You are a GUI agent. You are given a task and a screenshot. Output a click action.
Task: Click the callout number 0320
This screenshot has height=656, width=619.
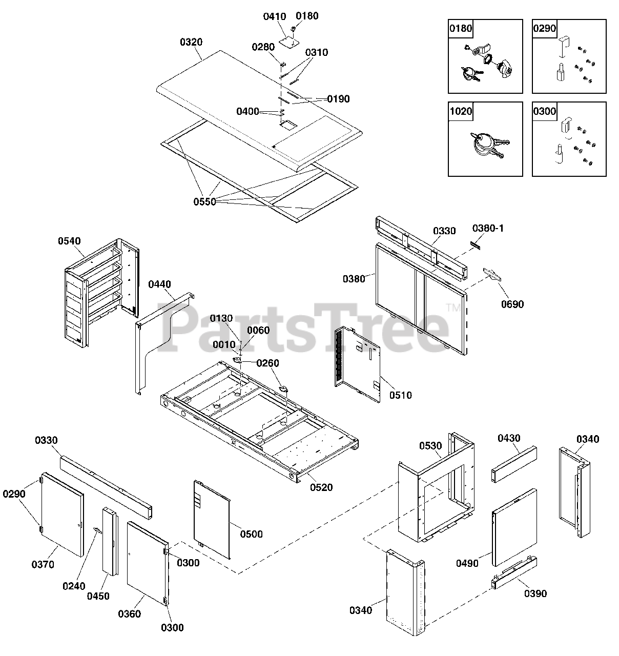pyautogui.click(x=191, y=42)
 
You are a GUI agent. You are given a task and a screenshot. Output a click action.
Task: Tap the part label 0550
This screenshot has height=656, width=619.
pyautogui.click(x=204, y=201)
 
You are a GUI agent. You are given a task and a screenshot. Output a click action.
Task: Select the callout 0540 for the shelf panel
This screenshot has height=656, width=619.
pyautogui.click(x=69, y=241)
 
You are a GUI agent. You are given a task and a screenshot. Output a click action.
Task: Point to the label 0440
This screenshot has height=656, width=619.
pyautogui.click(x=160, y=284)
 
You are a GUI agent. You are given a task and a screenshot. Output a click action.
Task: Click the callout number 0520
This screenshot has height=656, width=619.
pyautogui.click(x=321, y=487)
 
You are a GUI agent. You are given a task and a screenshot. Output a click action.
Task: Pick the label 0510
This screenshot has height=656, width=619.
pyautogui.click(x=400, y=395)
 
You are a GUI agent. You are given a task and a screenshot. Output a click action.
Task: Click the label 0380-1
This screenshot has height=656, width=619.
pyautogui.click(x=488, y=228)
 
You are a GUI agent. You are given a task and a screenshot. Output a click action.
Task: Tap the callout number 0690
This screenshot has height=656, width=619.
pyautogui.click(x=512, y=304)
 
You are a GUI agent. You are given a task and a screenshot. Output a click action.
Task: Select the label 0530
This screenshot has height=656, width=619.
pyautogui.click(x=430, y=446)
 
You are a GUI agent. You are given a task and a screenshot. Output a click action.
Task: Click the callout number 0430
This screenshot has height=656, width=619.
pyautogui.click(x=509, y=438)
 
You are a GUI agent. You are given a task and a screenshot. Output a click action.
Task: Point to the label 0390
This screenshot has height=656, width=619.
pyautogui.click(x=535, y=593)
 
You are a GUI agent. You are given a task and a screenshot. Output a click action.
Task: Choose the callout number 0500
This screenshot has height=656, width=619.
pyautogui.click(x=252, y=534)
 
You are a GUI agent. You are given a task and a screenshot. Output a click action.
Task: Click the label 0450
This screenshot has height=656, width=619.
pyautogui.click(x=98, y=596)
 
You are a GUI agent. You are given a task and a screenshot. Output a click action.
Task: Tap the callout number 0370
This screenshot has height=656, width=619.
pyautogui.click(x=43, y=565)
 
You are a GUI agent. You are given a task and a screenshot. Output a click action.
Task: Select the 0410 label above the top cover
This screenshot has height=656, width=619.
pyautogui.click(x=275, y=17)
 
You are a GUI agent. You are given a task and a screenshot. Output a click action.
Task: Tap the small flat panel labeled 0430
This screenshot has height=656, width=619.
pyautogui.click(x=514, y=464)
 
